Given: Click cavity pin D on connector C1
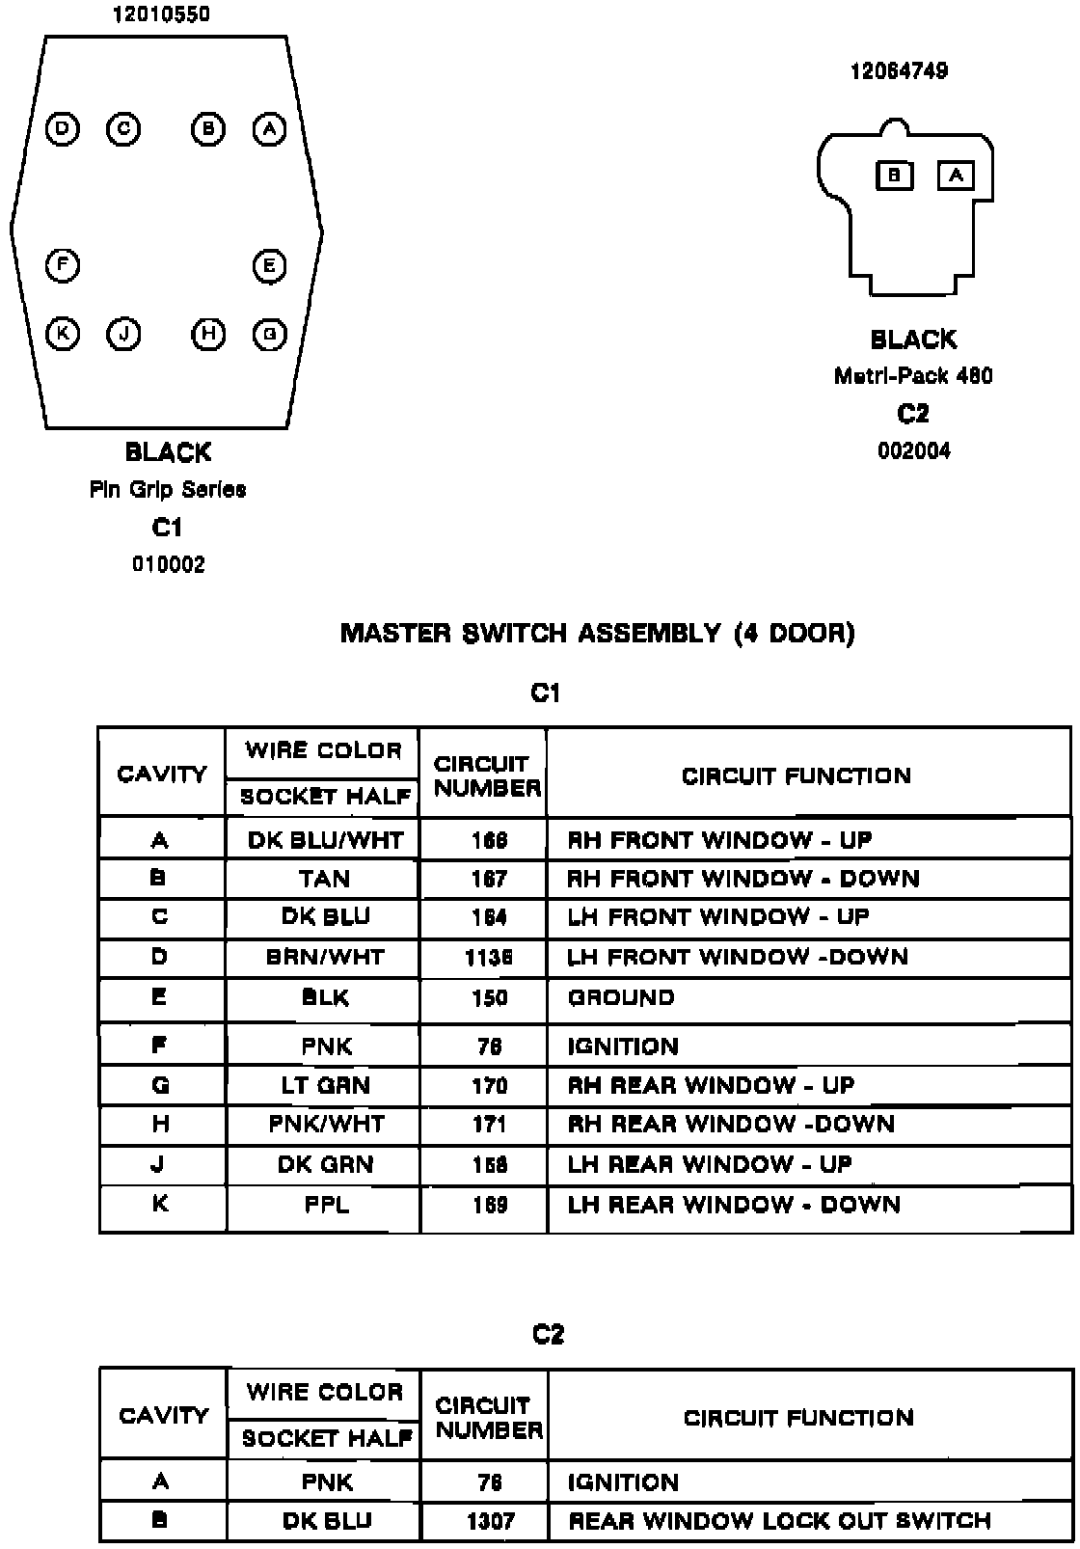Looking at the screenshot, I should (63, 128).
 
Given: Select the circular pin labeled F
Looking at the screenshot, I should (63, 264).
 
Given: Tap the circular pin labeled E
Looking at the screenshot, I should (269, 265).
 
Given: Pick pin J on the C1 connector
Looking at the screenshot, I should (123, 334).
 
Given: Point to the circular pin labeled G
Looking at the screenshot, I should (269, 334).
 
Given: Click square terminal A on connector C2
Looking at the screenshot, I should (956, 175).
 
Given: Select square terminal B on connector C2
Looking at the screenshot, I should (894, 175).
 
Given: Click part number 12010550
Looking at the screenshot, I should (161, 14).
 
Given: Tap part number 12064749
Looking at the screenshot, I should (898, 71).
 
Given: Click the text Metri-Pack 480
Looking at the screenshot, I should (912, 376).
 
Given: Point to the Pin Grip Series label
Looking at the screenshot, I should (168, 490).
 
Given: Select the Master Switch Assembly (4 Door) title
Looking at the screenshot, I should (597, 633).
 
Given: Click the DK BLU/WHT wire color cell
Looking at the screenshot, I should (325, 840).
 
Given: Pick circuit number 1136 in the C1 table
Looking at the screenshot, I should (489, 957).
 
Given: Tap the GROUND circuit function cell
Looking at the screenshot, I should (622, 997).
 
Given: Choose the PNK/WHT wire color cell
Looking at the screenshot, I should (326, 1124).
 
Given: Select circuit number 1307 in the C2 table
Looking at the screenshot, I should (490, 1521).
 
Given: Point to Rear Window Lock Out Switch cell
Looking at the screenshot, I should (779, 1521).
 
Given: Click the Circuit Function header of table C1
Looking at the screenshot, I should (796, 775).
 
